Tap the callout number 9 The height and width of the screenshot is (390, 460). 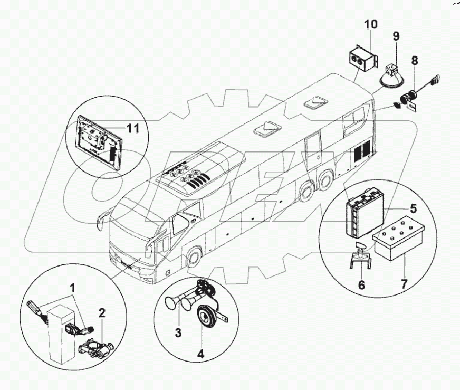[396, 36]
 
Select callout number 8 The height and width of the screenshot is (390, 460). [415, 61]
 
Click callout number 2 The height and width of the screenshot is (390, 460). [102, 312]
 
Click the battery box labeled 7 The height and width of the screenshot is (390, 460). [394, 243]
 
